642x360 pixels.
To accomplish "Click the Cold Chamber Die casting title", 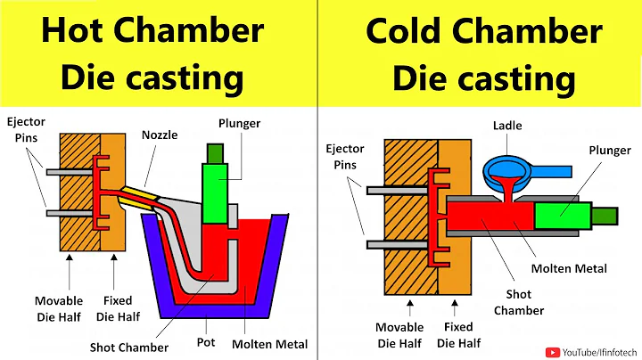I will pyautogui.click(x=484, y=53).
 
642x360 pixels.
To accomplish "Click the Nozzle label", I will pyautogui.click(x=160, y=135).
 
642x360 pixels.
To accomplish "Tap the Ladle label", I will pyautogui.click(x=508, y=126).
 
